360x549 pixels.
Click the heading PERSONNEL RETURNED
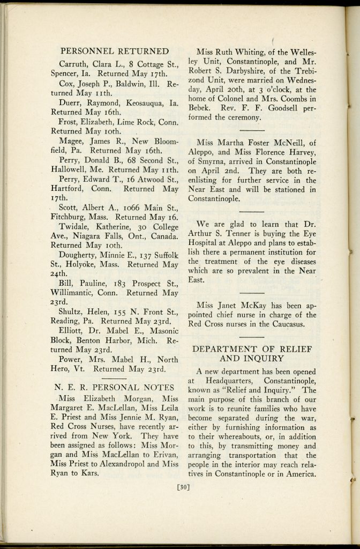tap(115, 51)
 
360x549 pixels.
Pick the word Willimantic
tap(79, 293)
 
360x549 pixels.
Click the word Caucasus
tap(286, 324)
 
